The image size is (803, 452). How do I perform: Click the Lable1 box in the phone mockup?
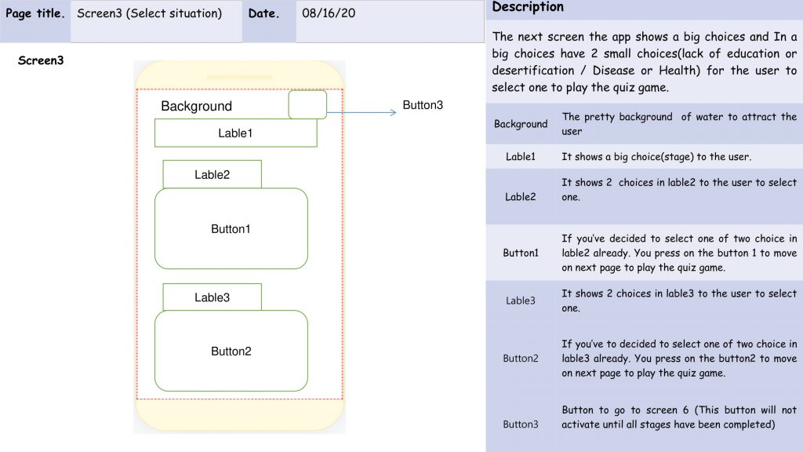coord(235,133)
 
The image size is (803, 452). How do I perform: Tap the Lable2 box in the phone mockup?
coord(212,174)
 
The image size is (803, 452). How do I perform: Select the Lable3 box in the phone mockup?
coord(212,297)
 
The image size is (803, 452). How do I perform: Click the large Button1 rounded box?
coord(231,228)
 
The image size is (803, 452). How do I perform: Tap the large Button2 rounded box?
coord(231,351)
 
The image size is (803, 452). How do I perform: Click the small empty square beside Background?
coord(307,104)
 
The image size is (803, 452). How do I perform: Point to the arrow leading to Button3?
coord(362,112)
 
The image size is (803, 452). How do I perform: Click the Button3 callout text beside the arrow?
coord(423,105)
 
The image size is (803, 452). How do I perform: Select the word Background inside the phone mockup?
coord(196,106)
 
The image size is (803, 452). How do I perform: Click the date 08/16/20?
coord(329,13)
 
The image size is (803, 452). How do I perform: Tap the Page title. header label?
coord(35,13)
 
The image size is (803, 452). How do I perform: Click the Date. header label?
coord(263,13)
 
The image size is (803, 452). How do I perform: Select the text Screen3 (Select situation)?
coord(150,13)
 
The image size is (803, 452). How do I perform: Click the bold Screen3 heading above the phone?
coord(41,60)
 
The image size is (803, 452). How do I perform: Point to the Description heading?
coord(528,7)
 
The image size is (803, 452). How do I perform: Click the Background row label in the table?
coord(521,124)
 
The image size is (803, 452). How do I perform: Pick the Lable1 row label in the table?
coord(521,157)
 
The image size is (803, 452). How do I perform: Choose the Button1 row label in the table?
coord(521,253)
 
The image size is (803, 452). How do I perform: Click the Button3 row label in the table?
coord(521,425)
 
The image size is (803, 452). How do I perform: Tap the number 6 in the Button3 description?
coord(685,410)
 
